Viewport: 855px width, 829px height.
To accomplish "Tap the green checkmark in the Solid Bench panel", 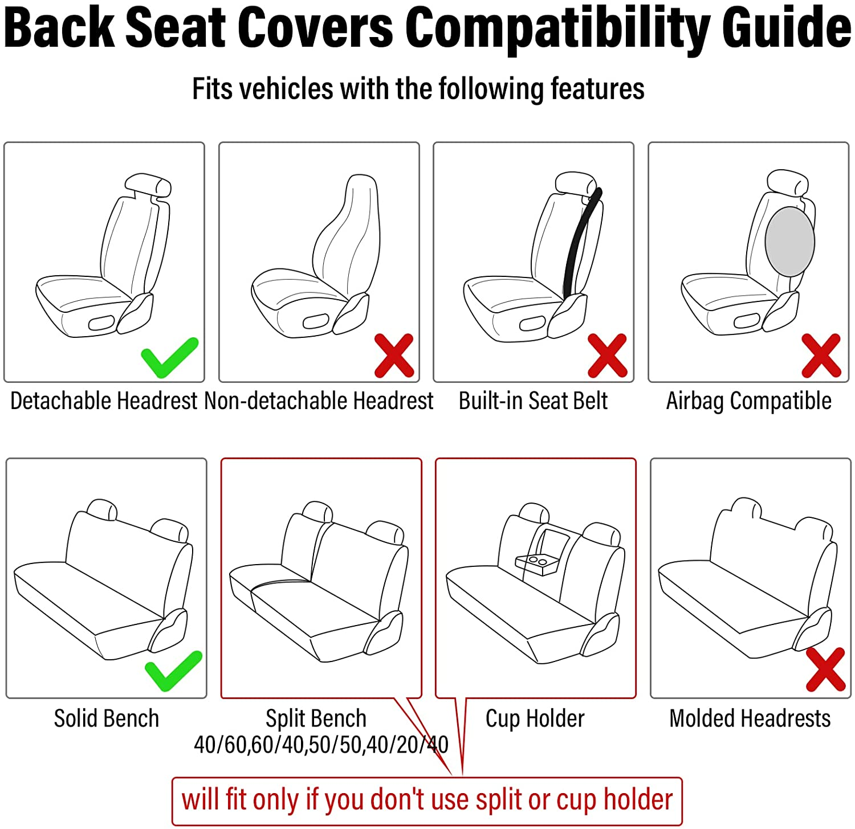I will click(x=173, y=671).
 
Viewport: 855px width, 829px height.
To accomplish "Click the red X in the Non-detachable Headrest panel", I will click(x=394, y=356).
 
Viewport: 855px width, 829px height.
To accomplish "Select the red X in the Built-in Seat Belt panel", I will click(x=607, y=356).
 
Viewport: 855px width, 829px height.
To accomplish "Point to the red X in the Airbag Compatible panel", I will click(x=821, y=356).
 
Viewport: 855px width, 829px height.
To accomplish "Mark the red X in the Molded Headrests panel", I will click(x=825, y=669).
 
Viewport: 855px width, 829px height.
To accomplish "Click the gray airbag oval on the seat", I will click(x=789, y=242).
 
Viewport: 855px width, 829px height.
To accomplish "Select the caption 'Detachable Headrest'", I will click(x=104, y=401).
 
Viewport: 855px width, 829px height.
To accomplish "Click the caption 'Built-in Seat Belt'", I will click(x=533, y=401).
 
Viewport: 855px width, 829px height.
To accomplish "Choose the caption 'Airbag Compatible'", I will click(x=748, y=401).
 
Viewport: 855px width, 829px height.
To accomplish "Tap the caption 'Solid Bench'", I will click(x=107, y=718).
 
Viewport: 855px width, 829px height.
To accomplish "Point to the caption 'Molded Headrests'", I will click(x=750, y=718).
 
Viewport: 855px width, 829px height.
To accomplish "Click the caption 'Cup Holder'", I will click(x=535, y=718).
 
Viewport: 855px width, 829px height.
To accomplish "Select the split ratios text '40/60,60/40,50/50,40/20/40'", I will click(x=321, y=745).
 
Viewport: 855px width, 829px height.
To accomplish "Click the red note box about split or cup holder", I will click(x=427, y=801).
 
